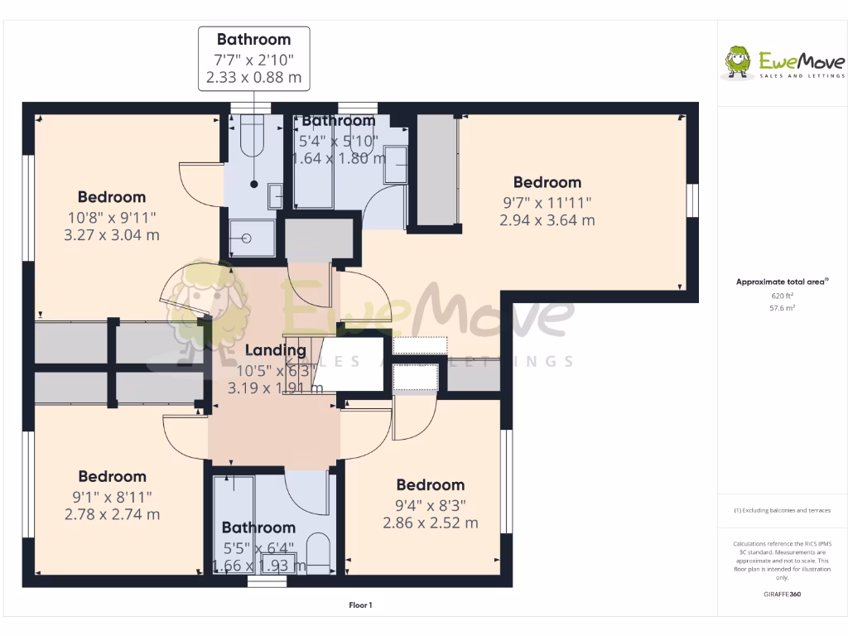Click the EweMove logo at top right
point(784,63)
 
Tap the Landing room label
point(275,350)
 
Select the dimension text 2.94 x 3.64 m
point(547,220)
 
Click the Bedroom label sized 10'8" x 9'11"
point(112,197)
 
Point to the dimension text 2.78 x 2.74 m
point(112,514)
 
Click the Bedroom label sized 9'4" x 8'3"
point(430,485)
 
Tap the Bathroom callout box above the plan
point(254,59)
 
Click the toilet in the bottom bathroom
point(318,551)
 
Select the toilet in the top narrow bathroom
point(251,137)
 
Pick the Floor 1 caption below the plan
point(360,605)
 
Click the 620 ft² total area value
point(783,295)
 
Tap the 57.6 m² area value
point(783,307)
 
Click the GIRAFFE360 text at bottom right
point(783,594)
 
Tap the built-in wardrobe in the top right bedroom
point(437,170)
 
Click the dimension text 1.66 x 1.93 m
point(258,566)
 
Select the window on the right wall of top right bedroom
point(692,203)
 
